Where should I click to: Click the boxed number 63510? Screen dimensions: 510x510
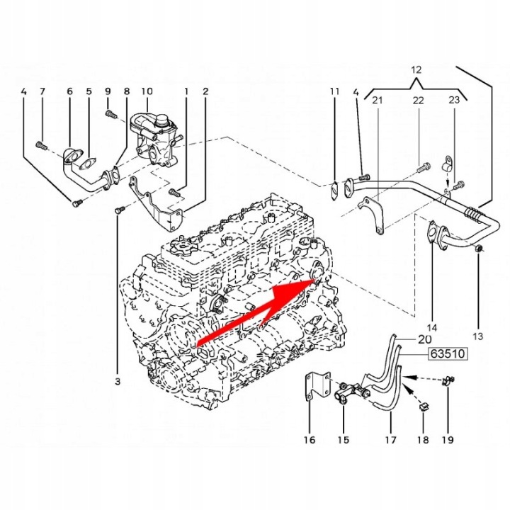[x=448, y=353]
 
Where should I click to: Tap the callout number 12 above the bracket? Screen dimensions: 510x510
[x=416, y=70]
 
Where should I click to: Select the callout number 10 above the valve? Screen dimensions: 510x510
[x=147, y=91]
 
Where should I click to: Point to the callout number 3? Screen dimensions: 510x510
[x=118, y=381]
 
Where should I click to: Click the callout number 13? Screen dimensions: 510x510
[x=478, y=336]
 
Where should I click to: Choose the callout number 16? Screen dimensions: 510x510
[x=310, y=440]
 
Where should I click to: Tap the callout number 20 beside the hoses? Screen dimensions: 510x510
[x=424, y=339]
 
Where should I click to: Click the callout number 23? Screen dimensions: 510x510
[x=454, y=100]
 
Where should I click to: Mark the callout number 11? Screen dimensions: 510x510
[x=334, y=91]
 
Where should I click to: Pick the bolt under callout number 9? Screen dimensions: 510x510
[x=111, y=114]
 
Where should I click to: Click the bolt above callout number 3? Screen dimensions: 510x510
[x=119, y=210]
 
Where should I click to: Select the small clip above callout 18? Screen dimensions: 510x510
[x=423, y=407]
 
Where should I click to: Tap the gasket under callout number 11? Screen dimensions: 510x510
[x=334, y=192]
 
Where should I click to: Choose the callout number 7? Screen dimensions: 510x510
[x=42, y=91]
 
